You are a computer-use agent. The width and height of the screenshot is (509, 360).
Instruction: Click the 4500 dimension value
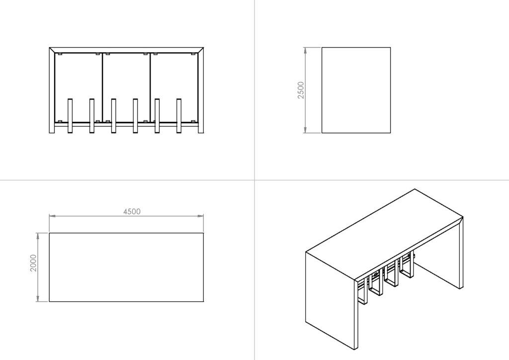point(132,212)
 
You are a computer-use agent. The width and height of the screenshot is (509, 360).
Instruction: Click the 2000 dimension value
point(33,263)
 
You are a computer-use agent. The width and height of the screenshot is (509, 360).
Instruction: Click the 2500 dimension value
point(301,90)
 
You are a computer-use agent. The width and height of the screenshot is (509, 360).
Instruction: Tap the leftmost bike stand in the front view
point(70,116)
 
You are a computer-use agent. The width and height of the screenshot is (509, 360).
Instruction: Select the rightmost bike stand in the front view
point(179,116)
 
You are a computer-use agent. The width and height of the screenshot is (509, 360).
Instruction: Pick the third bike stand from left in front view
point(114,116)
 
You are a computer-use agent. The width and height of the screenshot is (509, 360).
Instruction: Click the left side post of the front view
point(52,91)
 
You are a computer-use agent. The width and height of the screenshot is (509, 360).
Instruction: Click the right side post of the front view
point(201,91)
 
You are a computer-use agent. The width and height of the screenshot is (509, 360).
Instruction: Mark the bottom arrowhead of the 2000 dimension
point(38,298)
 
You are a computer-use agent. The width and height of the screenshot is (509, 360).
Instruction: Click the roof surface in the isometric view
point(385,233)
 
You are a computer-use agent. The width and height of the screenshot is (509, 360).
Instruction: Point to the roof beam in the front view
point(126,50)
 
